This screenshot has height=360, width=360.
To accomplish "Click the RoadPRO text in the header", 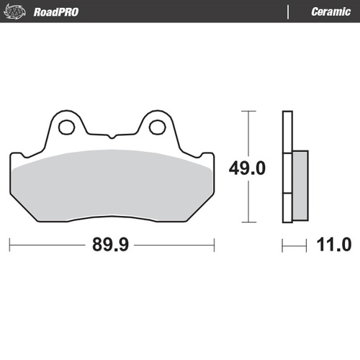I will [x=55, y=12].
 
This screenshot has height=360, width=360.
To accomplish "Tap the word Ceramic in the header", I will [x=330, y=12].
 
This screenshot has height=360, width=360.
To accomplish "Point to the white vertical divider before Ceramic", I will [x=289, y=12].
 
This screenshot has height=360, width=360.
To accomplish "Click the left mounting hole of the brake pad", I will [x=68, y=127].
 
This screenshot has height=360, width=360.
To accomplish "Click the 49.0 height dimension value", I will [x=248, y=168].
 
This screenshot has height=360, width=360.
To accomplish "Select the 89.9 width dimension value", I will [x=111, y=245].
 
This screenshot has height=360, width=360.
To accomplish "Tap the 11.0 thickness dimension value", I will [x=333, y=245].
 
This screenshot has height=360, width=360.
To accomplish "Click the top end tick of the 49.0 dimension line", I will [x=248, y=112].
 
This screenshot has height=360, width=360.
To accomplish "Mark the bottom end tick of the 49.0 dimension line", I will [x=248, y=222].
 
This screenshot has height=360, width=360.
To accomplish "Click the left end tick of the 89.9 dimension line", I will [x=11, y=245].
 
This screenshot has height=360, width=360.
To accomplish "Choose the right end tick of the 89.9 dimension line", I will [x=214, y=245].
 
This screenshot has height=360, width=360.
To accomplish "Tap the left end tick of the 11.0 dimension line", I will [x=283, y=245].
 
